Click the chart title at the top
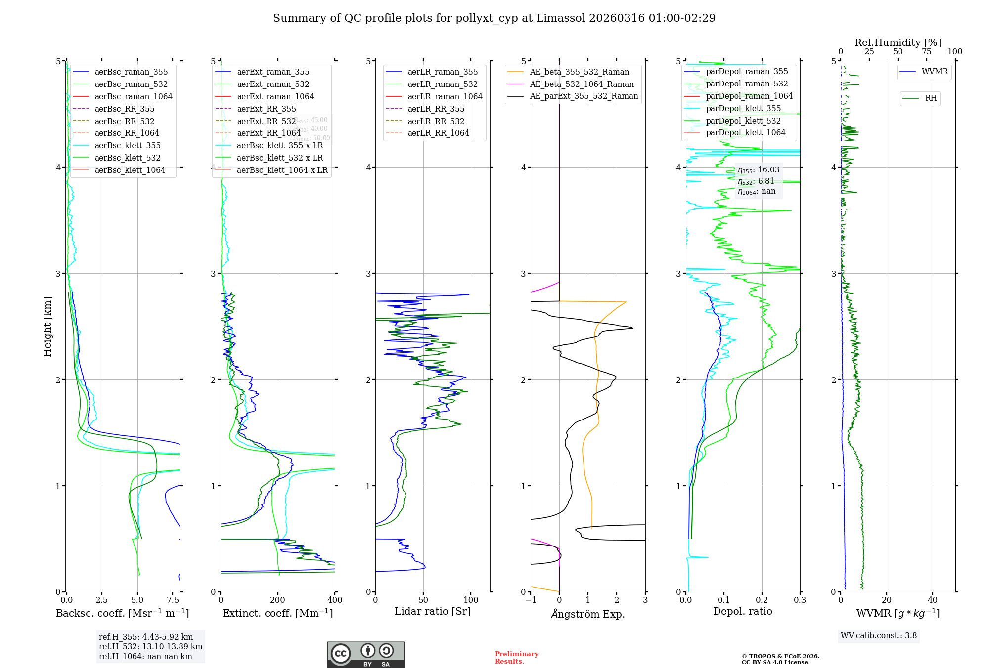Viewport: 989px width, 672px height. (494, 18)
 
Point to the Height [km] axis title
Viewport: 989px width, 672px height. (47, 326)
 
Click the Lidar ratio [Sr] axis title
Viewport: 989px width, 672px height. (433, 611)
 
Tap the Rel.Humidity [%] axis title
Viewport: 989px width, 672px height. (898, 42)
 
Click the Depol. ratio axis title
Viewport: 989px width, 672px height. (742, 611)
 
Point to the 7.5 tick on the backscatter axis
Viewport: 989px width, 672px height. (173, 600)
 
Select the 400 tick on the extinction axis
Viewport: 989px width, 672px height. (335, 600)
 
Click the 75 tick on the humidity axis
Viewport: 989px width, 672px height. (926, 52)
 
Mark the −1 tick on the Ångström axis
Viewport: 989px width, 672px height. (531, 600)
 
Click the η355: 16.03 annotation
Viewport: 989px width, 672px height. (758, 170)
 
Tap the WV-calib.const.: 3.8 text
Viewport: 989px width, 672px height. (879, 636)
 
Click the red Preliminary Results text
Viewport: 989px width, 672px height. (516, 658)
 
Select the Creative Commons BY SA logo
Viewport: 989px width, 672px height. (365, 655)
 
